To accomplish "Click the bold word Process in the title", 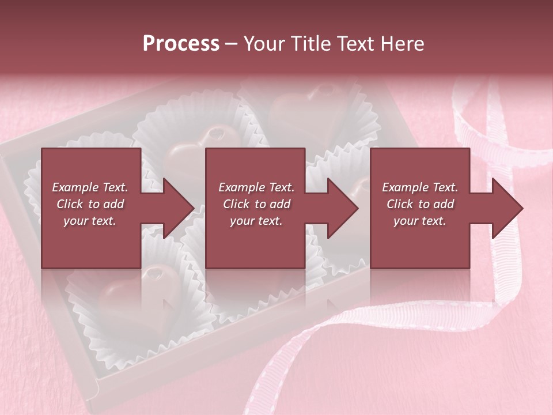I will [181, 44].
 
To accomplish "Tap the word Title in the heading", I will [311, 44].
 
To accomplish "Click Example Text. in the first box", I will [90, 187].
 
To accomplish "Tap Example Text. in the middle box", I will [256, 187].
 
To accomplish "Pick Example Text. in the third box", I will [420, 187].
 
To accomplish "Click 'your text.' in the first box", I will [90, 221].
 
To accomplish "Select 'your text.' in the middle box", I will [256, 221].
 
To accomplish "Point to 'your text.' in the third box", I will [420, 221].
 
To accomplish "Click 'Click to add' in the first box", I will [90, 204].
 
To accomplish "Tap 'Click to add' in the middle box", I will [256, 204].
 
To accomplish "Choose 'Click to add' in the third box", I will [420, 204].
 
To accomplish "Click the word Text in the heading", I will [357, 44].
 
